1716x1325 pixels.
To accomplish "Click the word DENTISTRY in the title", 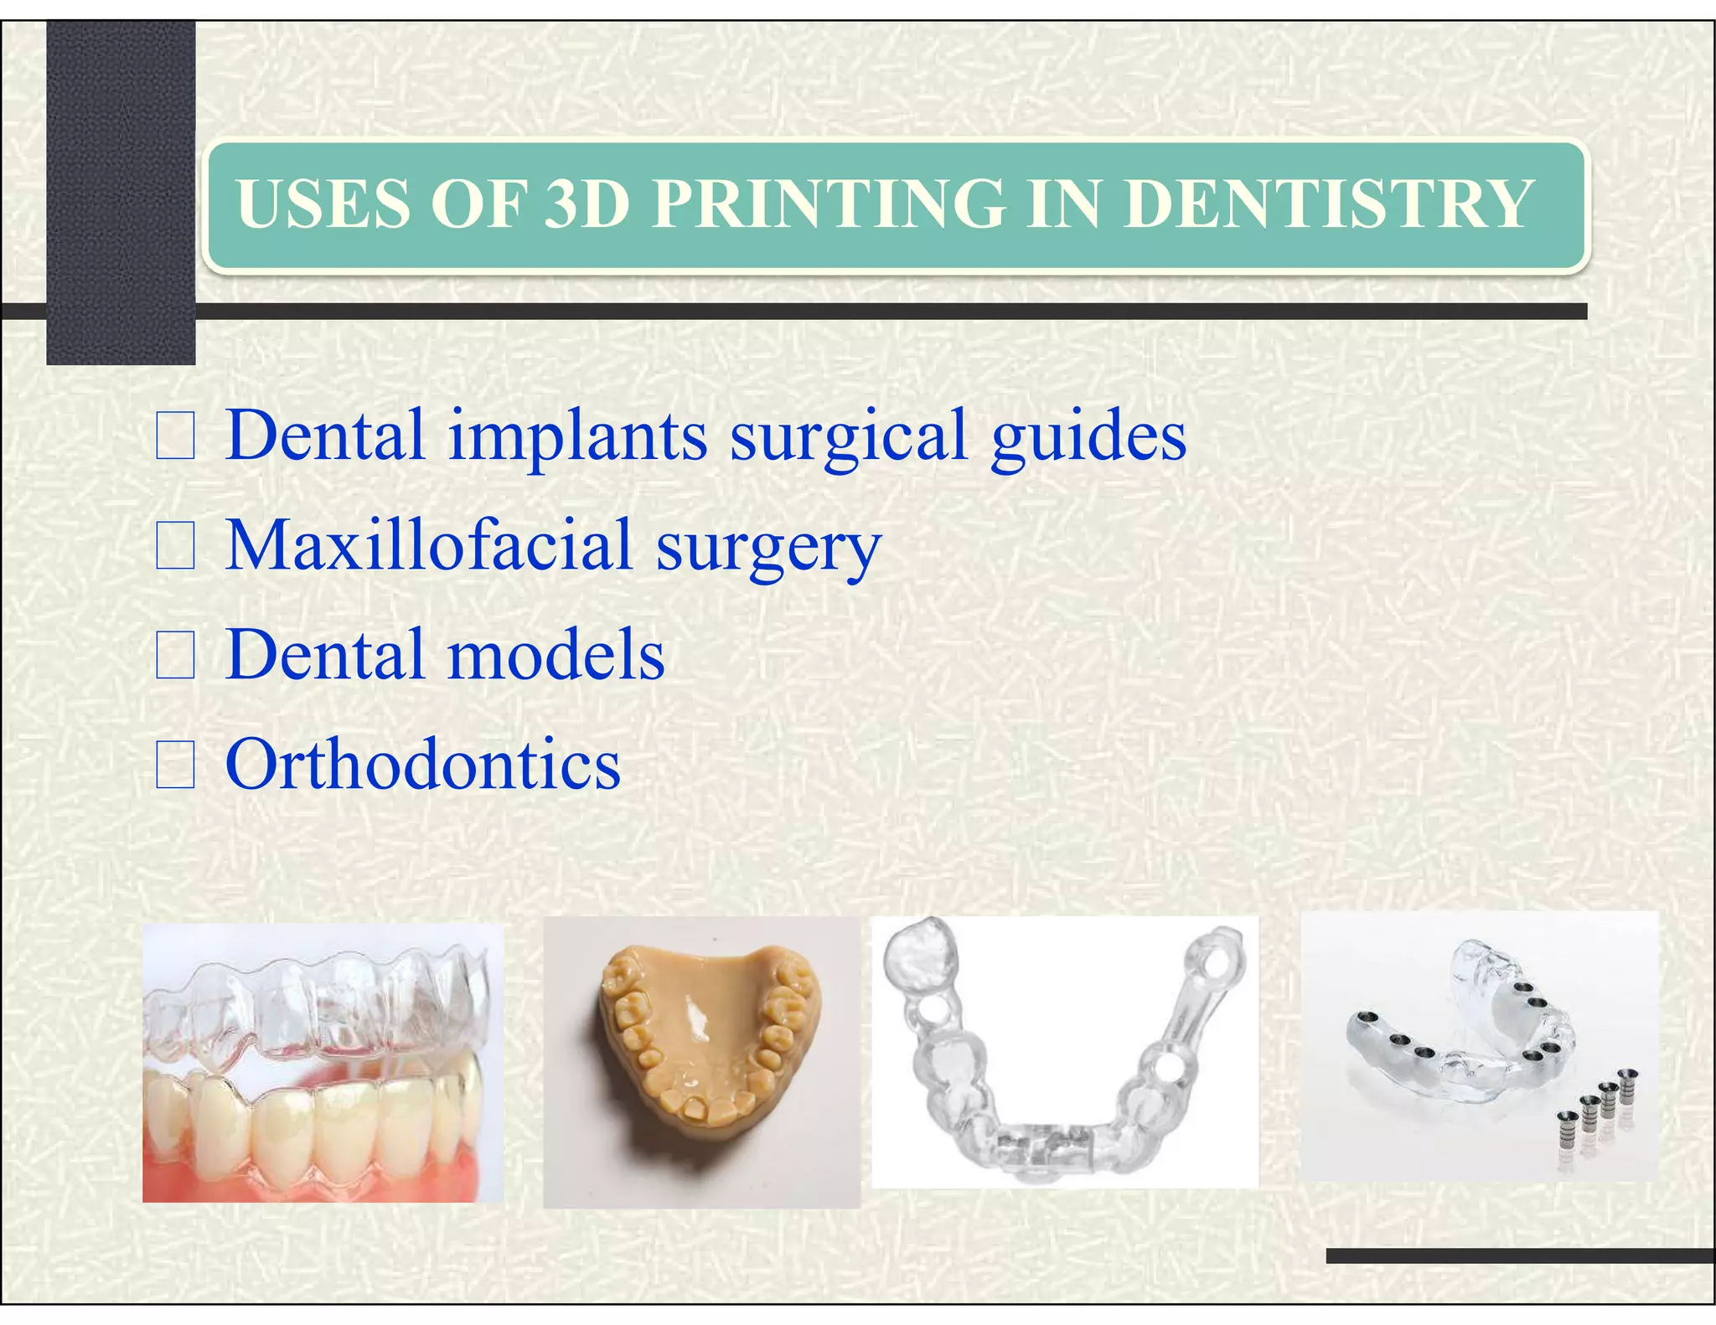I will [1328, 204].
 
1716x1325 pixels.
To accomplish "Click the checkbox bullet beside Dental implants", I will [175, 436].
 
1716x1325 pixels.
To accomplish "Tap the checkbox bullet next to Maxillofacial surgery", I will [175, 545].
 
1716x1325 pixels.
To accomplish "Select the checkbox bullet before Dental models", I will [175, 655].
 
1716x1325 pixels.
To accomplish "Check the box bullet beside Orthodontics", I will [175, 765].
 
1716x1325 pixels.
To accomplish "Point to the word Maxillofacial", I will [428, 545].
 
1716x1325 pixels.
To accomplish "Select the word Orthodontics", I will [423, 765].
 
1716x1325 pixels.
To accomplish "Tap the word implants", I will [577, 437].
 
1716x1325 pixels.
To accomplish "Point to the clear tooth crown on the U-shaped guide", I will [922, 955].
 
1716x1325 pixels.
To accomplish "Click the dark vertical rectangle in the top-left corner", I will [121, 193].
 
